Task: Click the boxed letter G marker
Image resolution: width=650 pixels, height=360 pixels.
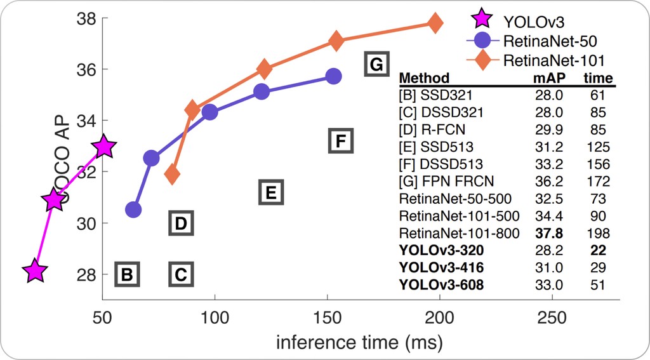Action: click(x=376, y=65)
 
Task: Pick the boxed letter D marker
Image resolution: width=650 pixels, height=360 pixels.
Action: click(x=181, y=223)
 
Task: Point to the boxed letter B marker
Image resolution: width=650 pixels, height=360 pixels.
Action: click(x=127, y=275)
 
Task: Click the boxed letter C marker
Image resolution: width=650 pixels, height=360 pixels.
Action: click(x=181, y=275)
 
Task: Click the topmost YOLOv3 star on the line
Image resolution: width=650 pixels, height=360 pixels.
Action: click(x=104, y=147)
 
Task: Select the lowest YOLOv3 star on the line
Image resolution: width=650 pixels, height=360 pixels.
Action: click(x=36, y=271)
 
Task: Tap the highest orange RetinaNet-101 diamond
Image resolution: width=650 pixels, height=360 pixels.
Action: click(x=435, y=23)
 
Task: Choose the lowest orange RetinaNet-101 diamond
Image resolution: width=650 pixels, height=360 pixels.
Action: click(x=171, y=173)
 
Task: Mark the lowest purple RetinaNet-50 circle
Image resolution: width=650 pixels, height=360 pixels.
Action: click(x=133, y=209)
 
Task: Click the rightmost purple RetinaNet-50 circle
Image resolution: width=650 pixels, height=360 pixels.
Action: click(x=334, y=76)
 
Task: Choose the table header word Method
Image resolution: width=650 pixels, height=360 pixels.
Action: click(x=424, y=79)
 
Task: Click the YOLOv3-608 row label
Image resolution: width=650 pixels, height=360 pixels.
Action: click(x=441, y=285)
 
